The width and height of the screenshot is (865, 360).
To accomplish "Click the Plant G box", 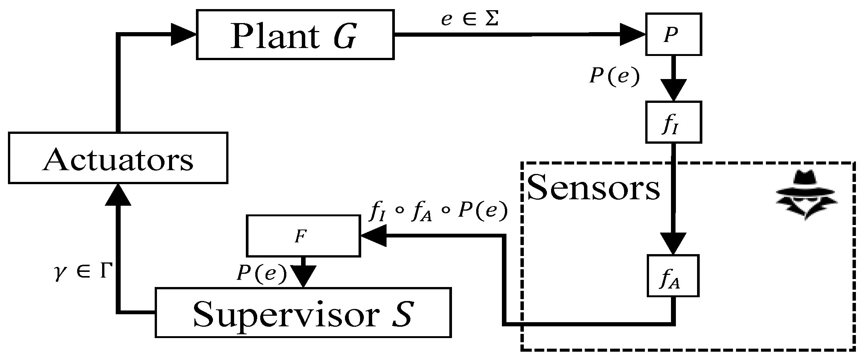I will (x=295, y=35).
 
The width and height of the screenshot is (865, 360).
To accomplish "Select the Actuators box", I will (x=118, y=158).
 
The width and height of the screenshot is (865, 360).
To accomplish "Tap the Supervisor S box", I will (x=303, y=312).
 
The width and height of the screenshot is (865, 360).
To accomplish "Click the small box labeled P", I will (x=673, y=34).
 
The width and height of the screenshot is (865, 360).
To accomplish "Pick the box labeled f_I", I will (x=673, y=122).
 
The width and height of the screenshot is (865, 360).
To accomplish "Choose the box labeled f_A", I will (x=672, y=275).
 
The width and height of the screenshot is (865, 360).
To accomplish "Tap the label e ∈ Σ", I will (x=469, y=20).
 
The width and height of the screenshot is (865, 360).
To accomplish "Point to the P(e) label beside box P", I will (x=614, y=77).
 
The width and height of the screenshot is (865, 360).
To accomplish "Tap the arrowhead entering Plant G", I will (x=183, y=34).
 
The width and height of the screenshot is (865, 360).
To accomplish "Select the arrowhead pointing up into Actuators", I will (x=118, y=195).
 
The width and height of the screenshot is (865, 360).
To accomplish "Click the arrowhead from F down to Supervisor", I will (x=304, y=276).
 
